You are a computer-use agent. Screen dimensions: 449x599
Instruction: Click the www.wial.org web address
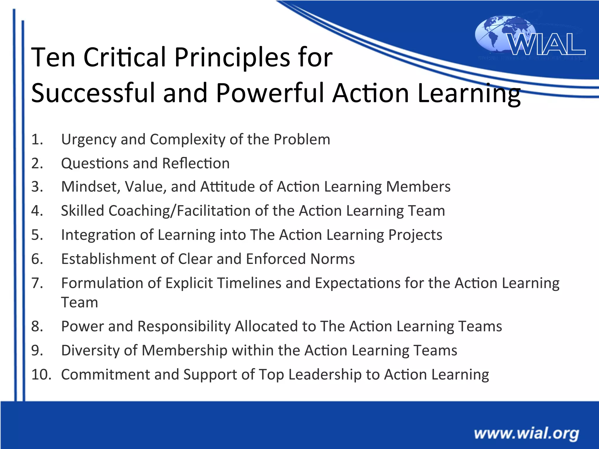coord(526,434)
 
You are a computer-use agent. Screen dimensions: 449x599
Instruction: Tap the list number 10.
coord(41,374)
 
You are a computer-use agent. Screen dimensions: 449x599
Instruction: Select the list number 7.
coord(37,283)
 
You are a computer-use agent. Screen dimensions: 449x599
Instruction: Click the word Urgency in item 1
coord(89,139)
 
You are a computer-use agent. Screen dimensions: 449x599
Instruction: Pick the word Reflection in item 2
coord(196,163)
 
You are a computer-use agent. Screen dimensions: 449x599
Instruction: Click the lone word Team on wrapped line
coord(79,302)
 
